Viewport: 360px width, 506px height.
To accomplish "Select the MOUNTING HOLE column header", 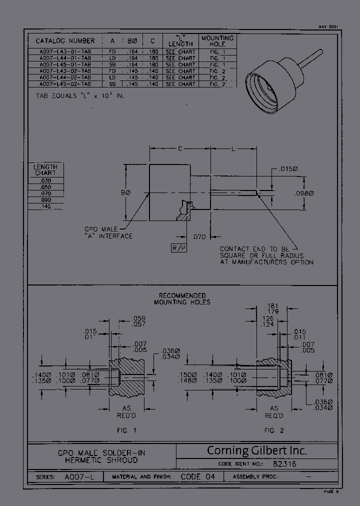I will point(217,41).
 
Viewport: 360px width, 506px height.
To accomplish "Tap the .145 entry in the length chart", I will point(46,206).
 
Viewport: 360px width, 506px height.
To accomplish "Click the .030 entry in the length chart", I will point(46,180).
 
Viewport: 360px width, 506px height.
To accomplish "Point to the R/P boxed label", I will point(178,248).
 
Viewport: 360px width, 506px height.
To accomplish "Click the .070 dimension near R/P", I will point(198,237).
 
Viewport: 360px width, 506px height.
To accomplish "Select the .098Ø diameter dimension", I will point(303,193).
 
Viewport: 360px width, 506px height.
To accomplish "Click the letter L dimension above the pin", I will point(233,148).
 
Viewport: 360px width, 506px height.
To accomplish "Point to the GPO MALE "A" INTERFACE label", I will point(108,232).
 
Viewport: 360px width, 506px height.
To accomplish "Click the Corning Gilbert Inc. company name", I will point(256,450).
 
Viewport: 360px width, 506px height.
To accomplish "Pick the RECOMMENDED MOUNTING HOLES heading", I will point(182,298).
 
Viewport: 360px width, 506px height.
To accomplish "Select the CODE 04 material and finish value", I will point(197,477).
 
